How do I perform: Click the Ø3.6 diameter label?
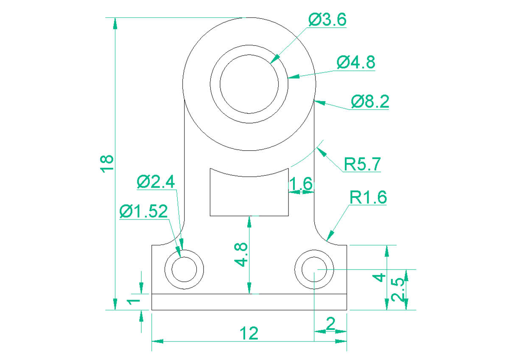click(x=327, y=20)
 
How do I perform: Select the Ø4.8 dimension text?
click(x=356, y=62)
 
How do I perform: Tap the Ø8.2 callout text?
click(x=370, y=102)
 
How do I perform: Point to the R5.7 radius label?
click(x=363, y=164)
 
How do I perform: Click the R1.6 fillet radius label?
click(x=368, y=198)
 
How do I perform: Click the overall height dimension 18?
click(x=107, y=163)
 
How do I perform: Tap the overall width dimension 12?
click(x=249, y=333)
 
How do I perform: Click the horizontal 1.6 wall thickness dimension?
click(x=301, y=184)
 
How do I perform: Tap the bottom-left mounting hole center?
click(x=184, y=270)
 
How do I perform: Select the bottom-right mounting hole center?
click(x=314, y=270)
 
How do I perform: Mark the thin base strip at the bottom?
click(x=249, y=302)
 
